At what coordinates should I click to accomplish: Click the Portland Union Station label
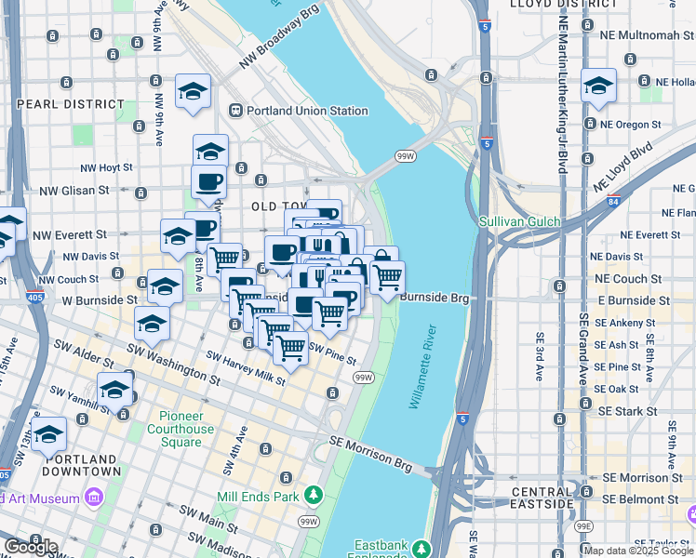coord(307,111)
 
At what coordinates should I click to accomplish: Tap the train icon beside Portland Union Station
coord(236,111)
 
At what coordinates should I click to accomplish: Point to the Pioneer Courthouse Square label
coord(186,429)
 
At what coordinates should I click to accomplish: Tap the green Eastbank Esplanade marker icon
coord(422,547)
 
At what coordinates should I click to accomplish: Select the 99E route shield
coord(583,526)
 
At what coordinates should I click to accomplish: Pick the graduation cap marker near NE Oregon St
coord(597,87)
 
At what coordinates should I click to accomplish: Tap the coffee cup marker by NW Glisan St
coord(208,180)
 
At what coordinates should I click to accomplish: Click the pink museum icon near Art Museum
coord(92,498)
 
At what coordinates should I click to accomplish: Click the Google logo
coord(31,547)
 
